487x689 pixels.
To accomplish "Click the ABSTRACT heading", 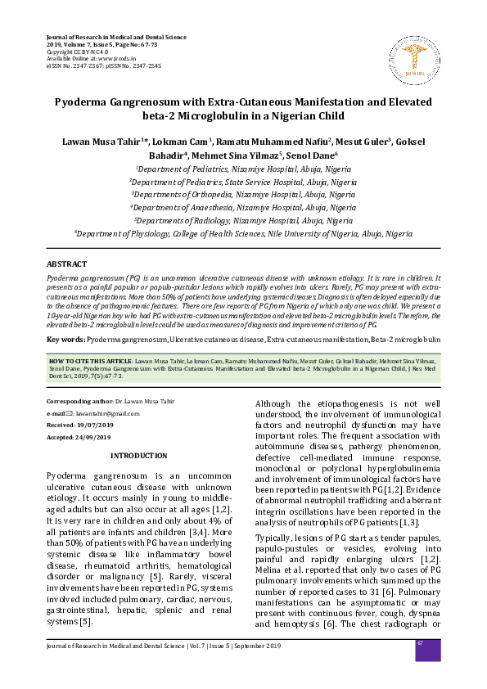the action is click(x=67, y=265).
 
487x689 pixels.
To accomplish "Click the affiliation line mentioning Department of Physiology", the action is click(x=243, y=233).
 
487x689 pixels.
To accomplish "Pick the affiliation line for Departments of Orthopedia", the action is click(x=243, y=196).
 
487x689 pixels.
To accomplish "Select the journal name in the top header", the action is click(x=116, y=38).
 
